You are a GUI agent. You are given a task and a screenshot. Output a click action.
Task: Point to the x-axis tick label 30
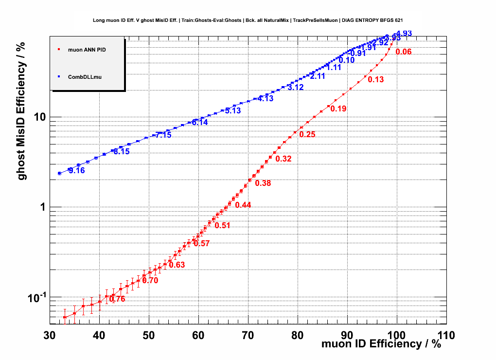[x=49, y=336]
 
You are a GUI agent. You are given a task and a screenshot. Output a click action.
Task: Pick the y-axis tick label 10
[x=39, y=117]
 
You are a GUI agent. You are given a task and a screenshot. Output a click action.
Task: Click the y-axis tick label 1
[x=43, y=207]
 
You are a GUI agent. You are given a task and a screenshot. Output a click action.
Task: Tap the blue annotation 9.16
[x=76, y=170]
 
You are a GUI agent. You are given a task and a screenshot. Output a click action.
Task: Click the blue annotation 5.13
[x=233, y=110]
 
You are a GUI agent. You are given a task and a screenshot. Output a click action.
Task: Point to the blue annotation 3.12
[x=296, y=88]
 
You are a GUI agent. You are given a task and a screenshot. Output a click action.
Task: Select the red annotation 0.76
[x=117, y=299]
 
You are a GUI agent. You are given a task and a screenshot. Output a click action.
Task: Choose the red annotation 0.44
[x=243, y=205]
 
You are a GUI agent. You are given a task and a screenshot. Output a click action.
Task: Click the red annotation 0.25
[x=307, y=134]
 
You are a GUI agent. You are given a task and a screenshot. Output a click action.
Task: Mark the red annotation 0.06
[x=404, y=52]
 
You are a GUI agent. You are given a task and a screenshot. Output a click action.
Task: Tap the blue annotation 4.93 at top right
[x=404, y=34]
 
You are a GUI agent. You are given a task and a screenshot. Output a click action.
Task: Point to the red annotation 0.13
[x=376, y=80]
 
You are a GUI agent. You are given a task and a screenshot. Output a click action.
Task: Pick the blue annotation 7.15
[x=163, y=135]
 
